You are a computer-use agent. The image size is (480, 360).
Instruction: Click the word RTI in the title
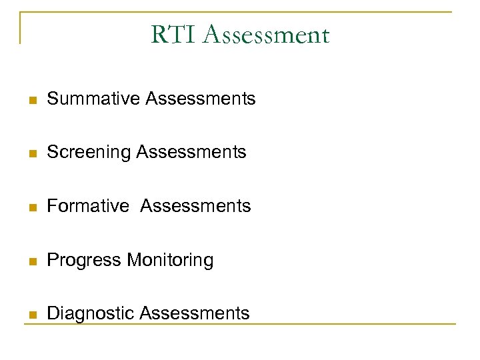coord(175,35)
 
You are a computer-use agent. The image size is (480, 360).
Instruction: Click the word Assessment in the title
coord(267,35)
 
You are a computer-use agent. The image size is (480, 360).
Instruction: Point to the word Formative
coord(88,206)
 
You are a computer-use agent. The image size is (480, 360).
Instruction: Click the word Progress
coord(85,260)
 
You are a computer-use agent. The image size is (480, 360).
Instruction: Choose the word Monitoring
coord(170,260)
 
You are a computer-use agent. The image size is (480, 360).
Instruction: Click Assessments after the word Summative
coord(200,99)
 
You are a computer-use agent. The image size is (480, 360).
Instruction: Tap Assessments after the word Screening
coord(191,152)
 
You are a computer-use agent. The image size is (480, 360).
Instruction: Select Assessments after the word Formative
coord(195,206)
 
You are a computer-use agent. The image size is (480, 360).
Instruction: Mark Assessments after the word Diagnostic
coord(194,313)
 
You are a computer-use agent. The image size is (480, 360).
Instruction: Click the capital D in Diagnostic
coord(53,313)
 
